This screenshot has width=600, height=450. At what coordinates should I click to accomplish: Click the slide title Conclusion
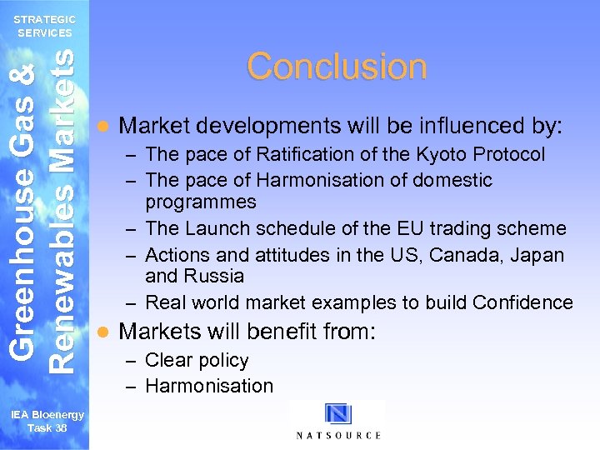pos(337,67)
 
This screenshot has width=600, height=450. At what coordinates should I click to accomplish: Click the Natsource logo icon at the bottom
pos(338,414)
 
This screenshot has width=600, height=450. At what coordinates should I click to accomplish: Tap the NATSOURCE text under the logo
pos(338,435)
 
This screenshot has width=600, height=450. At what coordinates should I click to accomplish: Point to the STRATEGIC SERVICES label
pos(45,26)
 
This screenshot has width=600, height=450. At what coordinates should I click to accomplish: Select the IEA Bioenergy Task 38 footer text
pos(47,422)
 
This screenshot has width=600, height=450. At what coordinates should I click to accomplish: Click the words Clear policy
pos(197,360)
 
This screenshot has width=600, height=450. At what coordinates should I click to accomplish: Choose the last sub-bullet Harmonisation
pos(209,386)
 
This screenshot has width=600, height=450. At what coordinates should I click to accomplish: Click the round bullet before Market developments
pos(102,127)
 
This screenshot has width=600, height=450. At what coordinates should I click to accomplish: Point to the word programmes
pos(201,202)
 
